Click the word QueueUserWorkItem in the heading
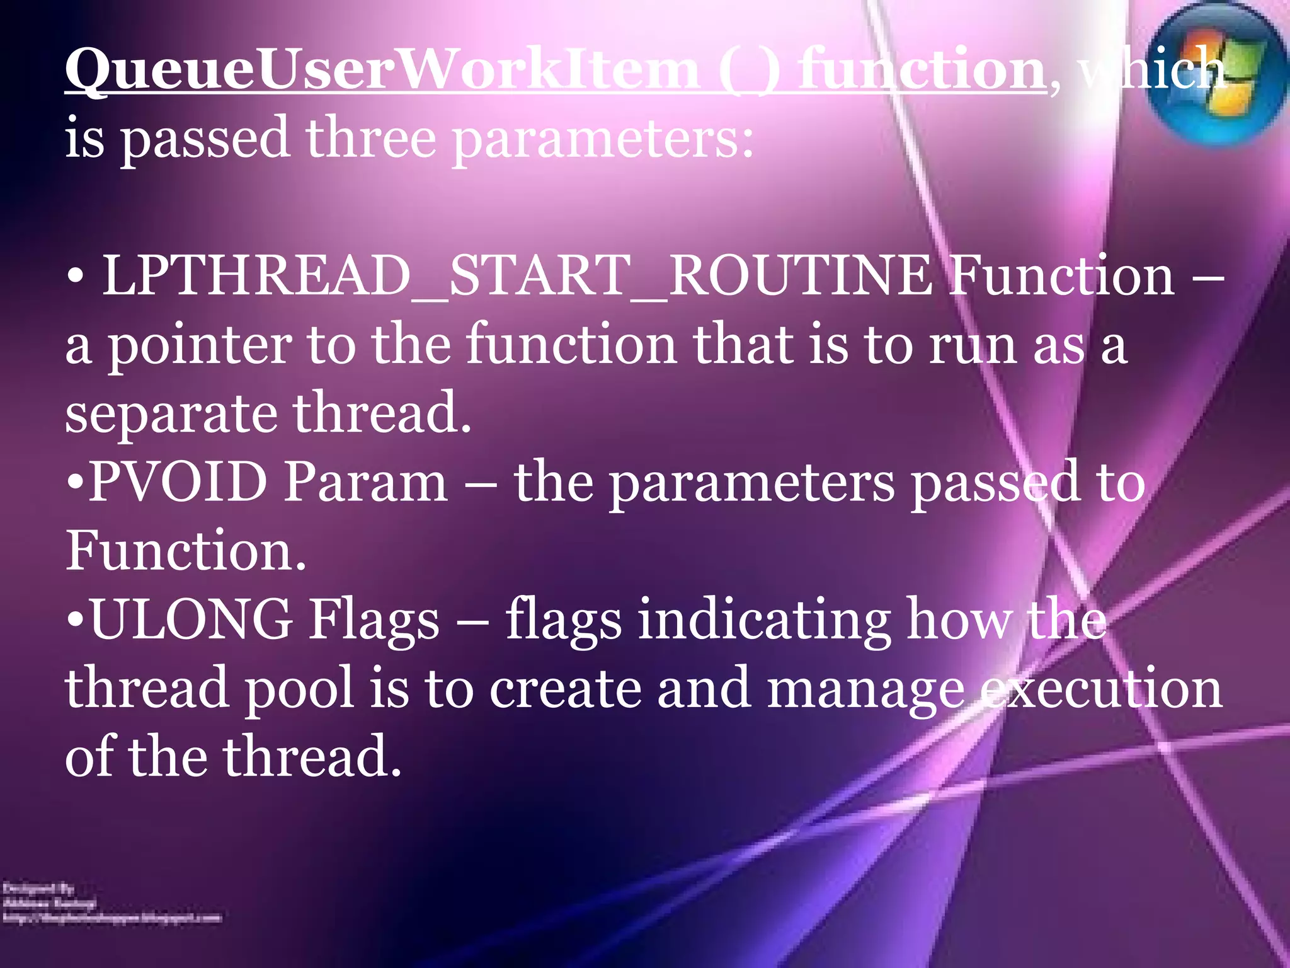coord(382,71)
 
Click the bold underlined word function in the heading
coord(921,71)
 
